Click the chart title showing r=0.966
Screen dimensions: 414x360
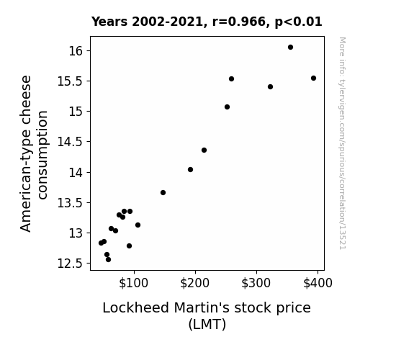[207, 22]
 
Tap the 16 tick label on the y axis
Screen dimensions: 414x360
[76, 50]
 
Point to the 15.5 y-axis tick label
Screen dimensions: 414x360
[71, 81]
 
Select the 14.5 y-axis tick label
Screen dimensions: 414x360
[71, 142]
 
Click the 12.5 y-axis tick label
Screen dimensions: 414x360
[71, 264]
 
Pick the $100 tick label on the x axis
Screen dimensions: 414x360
[134, 283]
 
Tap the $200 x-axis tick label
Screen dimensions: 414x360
[195, 283]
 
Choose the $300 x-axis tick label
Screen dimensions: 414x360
[256, 283]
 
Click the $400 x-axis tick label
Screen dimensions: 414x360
[318, 283]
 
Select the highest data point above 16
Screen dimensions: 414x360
[290, 48]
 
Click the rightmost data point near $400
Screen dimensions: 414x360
[313, 78]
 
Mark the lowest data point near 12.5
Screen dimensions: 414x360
[108, 260]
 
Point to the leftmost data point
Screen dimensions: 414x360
[101, 243]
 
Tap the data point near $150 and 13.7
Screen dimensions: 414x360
[163, 192]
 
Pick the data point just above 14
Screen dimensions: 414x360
[190, 170]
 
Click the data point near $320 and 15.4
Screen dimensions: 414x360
[270, 87]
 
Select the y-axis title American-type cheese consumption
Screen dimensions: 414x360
[34, 153]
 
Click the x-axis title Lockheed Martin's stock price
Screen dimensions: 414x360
[207, 308]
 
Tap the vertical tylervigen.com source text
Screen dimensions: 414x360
[342, 143]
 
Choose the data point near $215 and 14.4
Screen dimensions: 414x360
[204, 150]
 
